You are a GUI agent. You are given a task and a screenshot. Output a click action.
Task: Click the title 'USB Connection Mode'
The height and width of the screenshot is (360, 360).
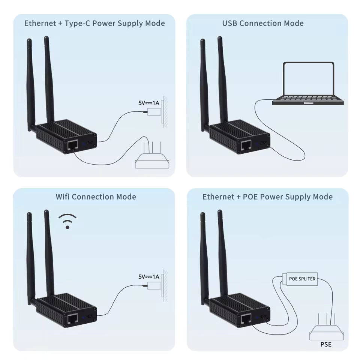[x=263, y=23]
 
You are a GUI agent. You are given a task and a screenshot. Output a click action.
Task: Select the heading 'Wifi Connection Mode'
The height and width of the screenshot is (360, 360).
[x=96, y=196]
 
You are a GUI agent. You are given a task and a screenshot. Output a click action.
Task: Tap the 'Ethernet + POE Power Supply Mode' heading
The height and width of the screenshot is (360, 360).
[x=267, y=196]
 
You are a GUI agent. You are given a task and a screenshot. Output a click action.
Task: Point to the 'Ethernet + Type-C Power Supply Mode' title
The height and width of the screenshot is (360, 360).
[x=94, y=23]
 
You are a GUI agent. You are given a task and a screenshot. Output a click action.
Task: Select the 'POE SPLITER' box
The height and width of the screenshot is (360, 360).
[x=302, y=279]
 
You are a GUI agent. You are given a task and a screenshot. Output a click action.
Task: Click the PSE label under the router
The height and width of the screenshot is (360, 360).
[x=326, y=344]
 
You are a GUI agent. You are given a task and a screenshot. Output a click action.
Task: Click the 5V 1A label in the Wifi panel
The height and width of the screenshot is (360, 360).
[x=149, y=277]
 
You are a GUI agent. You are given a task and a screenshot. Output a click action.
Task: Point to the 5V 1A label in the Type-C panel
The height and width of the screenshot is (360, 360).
[x=149, y=102]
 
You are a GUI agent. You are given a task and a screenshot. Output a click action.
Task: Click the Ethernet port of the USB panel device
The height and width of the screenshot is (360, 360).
[x=246, y=144]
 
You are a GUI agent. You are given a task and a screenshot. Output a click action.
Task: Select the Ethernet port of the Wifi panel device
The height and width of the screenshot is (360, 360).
[x=72, y=318]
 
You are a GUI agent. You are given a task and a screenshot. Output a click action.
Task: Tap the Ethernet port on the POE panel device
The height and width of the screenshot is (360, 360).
[x=246, y=318]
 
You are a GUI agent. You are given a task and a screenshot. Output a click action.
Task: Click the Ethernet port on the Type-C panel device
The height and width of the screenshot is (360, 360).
[x=72, y=144]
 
